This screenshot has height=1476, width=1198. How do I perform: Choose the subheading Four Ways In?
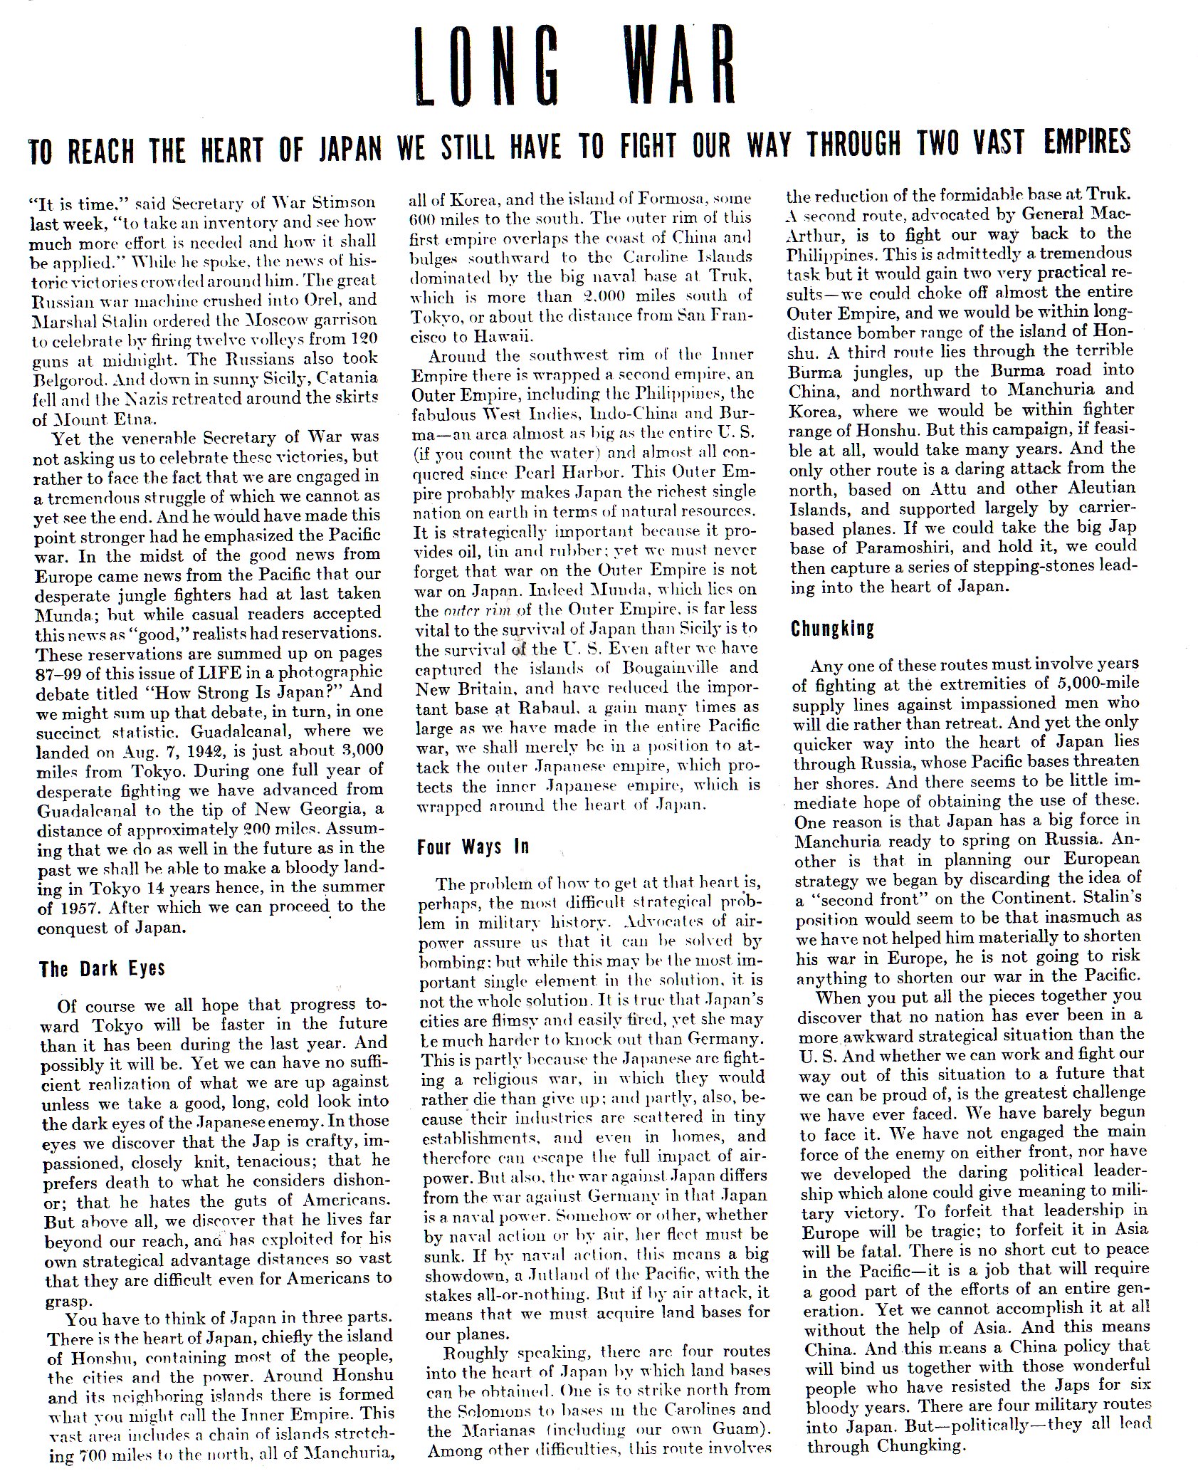(473, 847)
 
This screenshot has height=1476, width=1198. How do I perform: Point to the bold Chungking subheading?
(832, 629)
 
